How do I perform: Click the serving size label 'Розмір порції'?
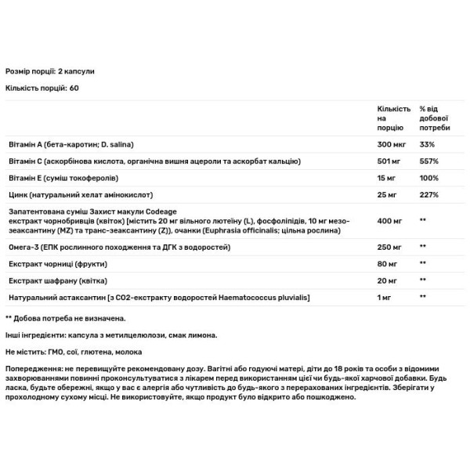32,71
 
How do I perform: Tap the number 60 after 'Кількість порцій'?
74,88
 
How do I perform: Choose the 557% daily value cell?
430,161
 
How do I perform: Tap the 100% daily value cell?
430,177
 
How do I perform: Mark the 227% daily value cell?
430,193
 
